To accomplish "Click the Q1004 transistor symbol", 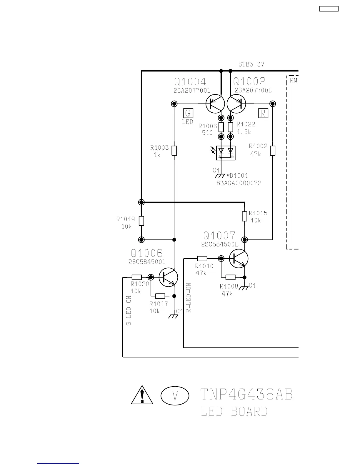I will [215, 104].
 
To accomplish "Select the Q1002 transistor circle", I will [236, 104].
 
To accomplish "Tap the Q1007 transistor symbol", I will [239, 259].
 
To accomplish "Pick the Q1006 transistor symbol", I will [169, 277].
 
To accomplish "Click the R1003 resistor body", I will [174, 150].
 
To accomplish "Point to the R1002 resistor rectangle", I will [273, 150].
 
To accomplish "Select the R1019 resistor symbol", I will [141, 221].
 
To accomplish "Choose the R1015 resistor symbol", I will [244, 216].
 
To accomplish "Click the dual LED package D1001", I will [226, 153].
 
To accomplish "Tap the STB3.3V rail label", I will [251, 64].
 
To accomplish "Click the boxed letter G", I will [188, 113].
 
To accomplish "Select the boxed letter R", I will [263, 113].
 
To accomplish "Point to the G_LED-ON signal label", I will [129, 311].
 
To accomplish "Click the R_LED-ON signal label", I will [189, 298].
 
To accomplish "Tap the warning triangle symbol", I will [142, 395].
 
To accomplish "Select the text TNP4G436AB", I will [246, 395].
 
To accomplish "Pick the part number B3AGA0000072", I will [239, 183].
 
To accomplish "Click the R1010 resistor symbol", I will [202, 259].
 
